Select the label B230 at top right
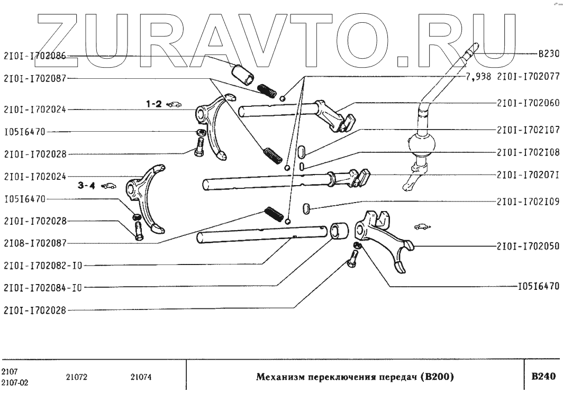(548, 54)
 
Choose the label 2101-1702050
(528, 246)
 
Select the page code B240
(543, 377)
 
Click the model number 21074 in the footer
(141, 377)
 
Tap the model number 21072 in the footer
(77, 377)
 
